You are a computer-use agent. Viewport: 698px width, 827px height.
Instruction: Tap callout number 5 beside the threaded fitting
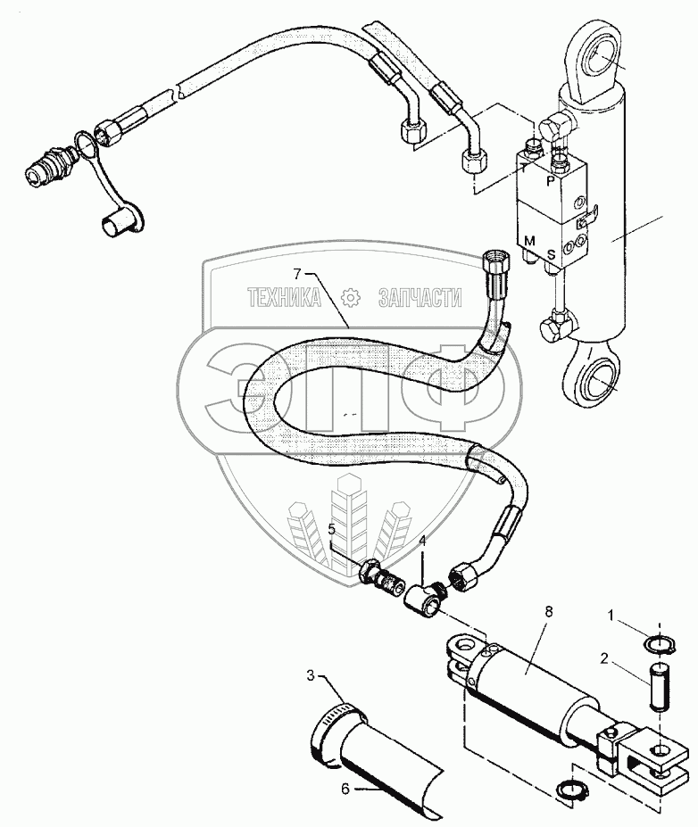(x=331, y=530)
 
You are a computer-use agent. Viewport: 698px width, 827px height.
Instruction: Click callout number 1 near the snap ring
(x=611, y=616)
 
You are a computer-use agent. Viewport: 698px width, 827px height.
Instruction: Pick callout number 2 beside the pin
(x=603, y=660)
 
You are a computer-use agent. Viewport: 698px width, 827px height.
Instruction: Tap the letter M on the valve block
(x=529, y=242)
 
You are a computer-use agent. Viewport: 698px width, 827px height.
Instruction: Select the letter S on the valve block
(x=551, y=253)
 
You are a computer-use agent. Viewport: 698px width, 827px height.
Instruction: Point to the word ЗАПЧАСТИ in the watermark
(x=420, y=299)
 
